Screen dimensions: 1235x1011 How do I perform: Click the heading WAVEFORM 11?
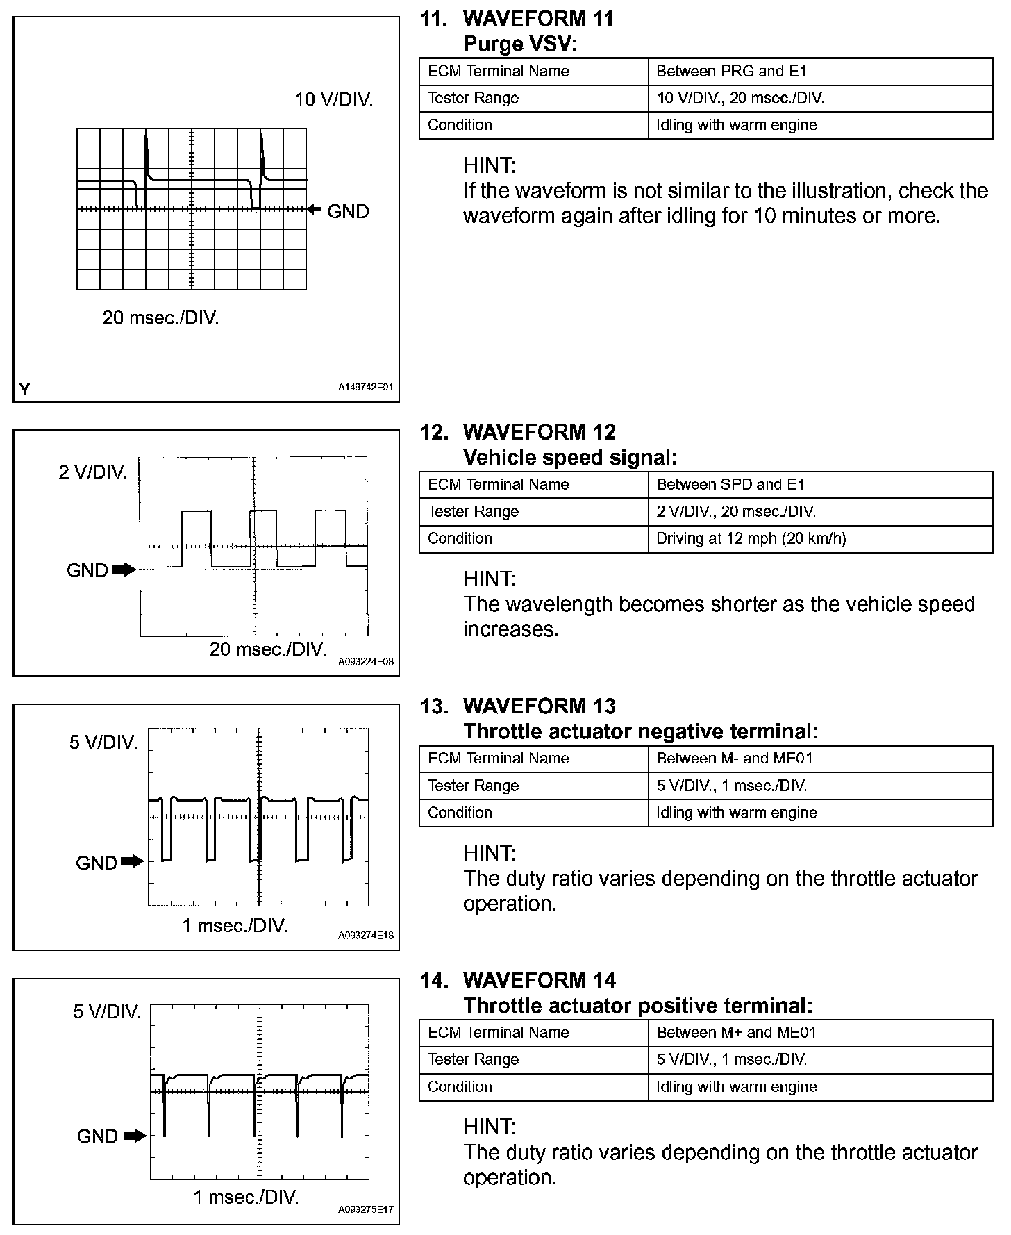[x=538, y=19]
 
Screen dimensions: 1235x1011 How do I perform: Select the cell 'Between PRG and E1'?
[x=731, y=72]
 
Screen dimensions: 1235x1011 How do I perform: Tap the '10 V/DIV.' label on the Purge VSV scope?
[x=334, y=100]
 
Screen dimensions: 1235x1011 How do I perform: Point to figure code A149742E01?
[x=365, y=387]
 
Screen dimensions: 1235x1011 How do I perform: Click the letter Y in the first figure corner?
[x=25, y=389]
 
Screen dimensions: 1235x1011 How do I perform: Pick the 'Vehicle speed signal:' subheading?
[x=569, y=457]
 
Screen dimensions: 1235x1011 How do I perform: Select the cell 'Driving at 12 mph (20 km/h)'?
[x=751, y=538]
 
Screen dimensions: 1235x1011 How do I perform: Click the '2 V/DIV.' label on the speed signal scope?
[x=93, y=473]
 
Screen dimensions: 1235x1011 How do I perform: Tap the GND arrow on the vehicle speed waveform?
[x=124, y=570]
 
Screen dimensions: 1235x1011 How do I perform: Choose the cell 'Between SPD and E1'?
[x=731, y=485]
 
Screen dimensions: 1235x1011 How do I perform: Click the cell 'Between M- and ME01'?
[x=735, y=759]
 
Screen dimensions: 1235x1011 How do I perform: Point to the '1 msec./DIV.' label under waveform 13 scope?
[x=235, y=926]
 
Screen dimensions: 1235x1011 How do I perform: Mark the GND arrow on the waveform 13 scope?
[x=132, y=862]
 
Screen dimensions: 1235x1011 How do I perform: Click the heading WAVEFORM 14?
[x=539, y=980]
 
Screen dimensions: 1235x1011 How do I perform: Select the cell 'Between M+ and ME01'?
[x=736, y=1033]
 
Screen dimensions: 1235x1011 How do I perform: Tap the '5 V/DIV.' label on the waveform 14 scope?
[x=107, y=1012]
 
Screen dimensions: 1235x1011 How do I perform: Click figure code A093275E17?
[x=365, y=1209]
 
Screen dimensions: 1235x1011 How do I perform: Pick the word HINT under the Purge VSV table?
[x=490, y=165]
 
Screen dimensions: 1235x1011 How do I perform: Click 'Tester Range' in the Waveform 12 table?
[x=473, y=512]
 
